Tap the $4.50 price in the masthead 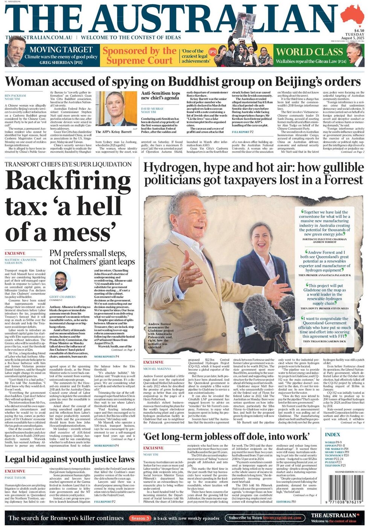pyautogui.click(x=358, y=30)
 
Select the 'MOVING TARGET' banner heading pyautogui.click(x=61, y=50)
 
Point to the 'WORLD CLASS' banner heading pyautogui.click(x=310, y=52)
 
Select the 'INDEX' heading pyautogui.click(x=332, y=435)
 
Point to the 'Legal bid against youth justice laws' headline pyautogui.click(x=70, y=460)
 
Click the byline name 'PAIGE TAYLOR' pyautogui.click(x=15, y=478)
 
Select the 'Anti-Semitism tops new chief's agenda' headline pyautogui.click(x=161, y=96)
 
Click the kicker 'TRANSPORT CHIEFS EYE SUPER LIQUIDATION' pyautogui.click(x=68, y=164)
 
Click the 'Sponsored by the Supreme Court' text pyautogui.click(x=140, y=55)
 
